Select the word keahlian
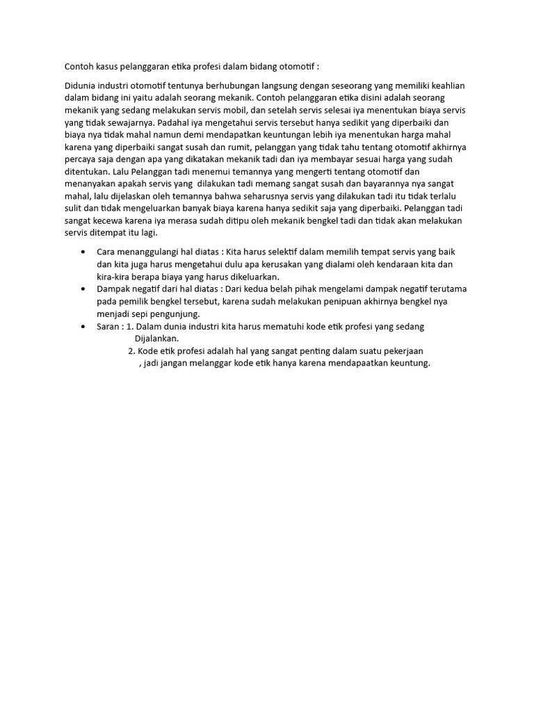click(445, 86)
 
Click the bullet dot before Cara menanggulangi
click(83, 251)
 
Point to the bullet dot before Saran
click(83, 326)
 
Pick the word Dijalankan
click(156, 339)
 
